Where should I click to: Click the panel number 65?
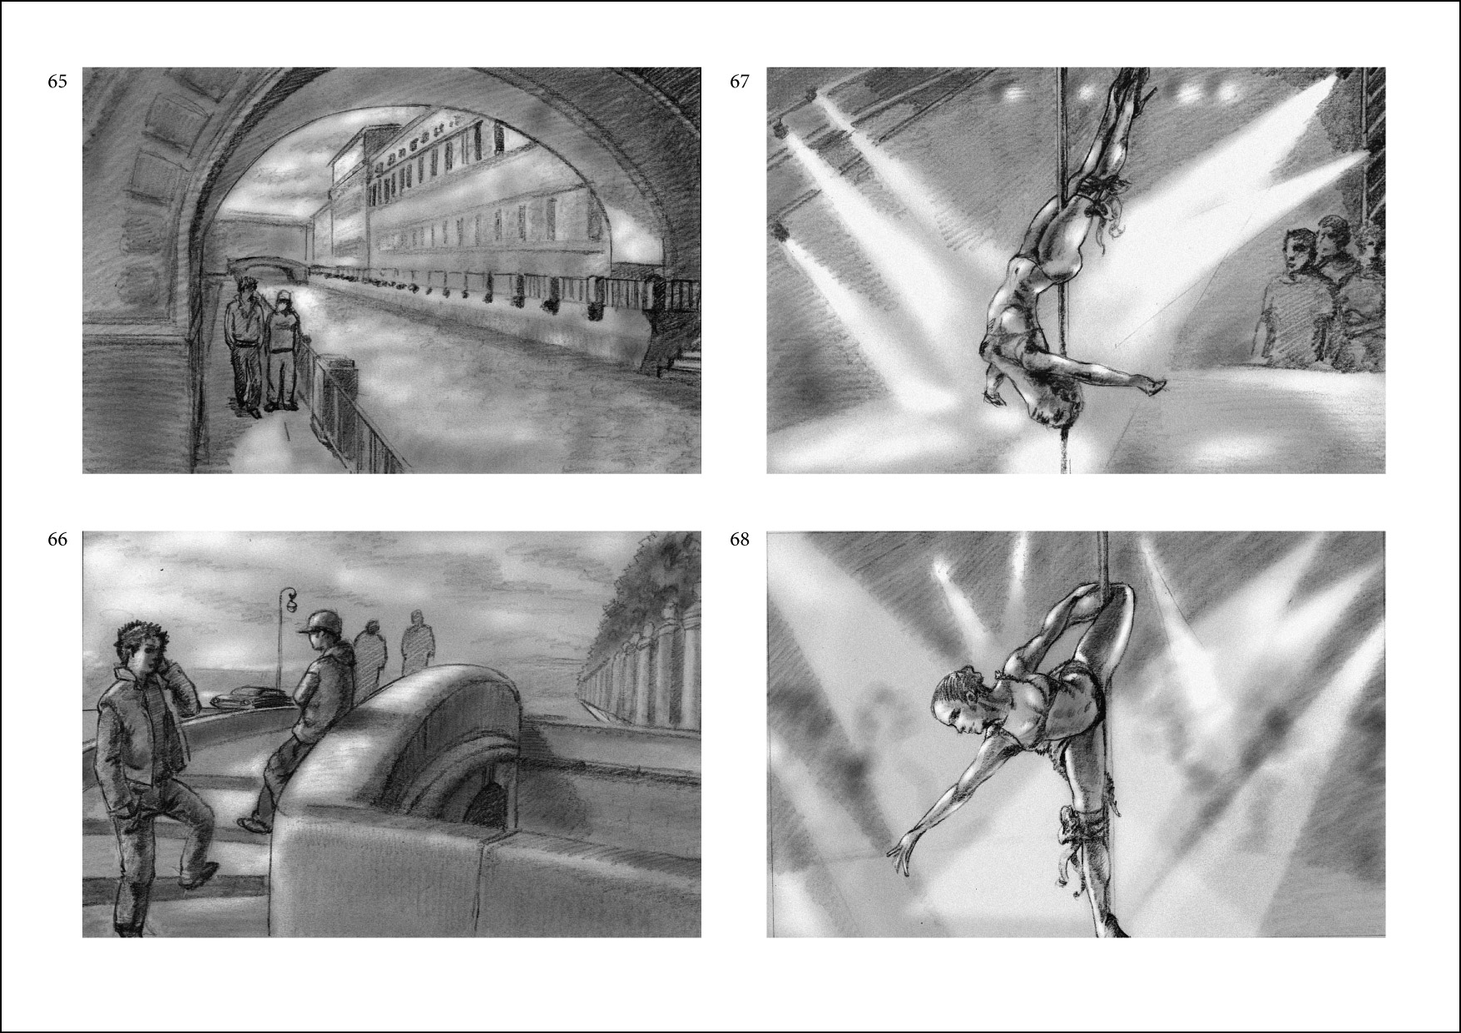click(57, 82)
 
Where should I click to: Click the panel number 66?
click(57, 539)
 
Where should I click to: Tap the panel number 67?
click(740, 82)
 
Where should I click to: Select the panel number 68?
click(740, 539)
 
